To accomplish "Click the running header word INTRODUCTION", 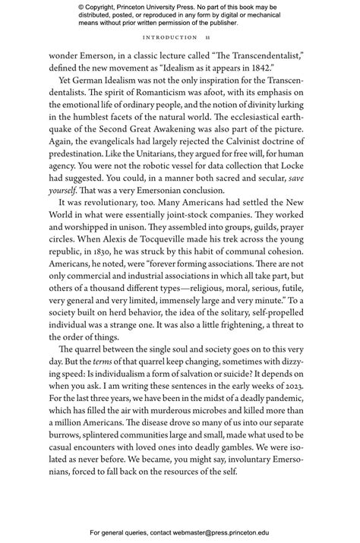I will point(170,37).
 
